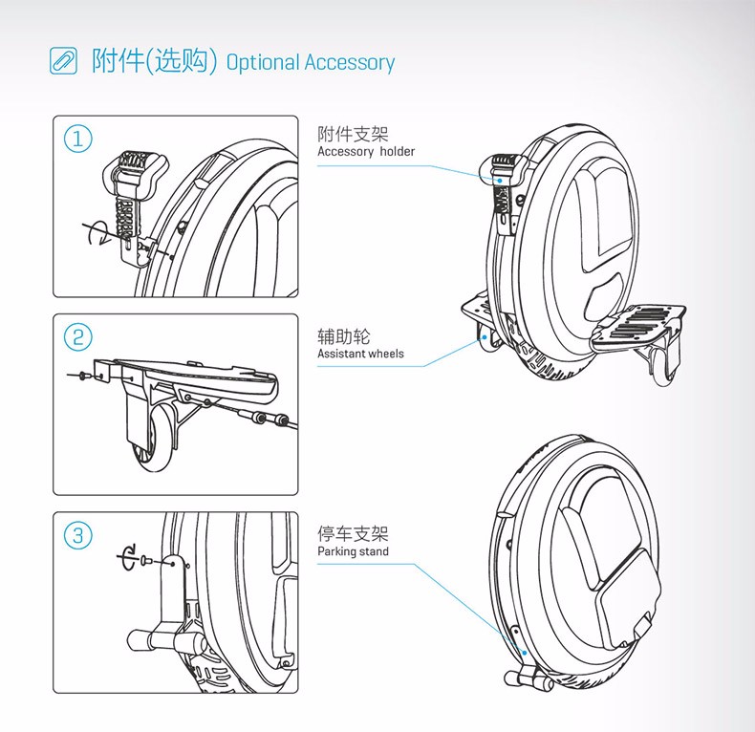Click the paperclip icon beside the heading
coord(63,61)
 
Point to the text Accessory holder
coord(366,152)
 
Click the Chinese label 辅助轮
coord(343,336)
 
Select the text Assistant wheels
coord(360,355)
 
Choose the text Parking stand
coord(353,552)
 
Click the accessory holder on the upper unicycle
coord(503,182)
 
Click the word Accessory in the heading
coord(349,63)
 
